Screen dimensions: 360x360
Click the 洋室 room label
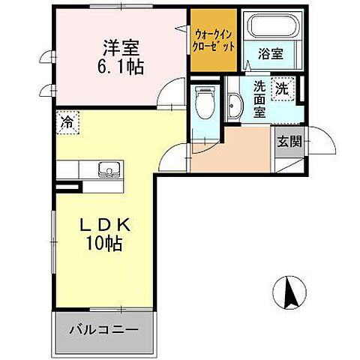[119, 47]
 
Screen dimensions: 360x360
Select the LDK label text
[103, 224]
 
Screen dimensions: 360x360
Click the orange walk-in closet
[214, 40]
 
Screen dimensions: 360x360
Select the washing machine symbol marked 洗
[283, 88]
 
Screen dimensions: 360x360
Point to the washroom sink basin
[233, 107]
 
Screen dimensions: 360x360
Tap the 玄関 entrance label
[289, 140]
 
